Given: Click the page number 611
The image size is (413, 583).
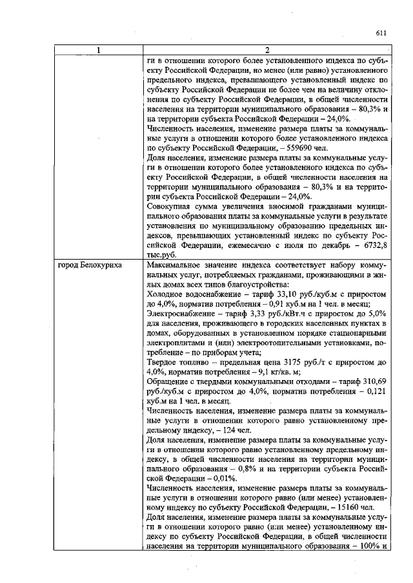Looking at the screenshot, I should (380, 33).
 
